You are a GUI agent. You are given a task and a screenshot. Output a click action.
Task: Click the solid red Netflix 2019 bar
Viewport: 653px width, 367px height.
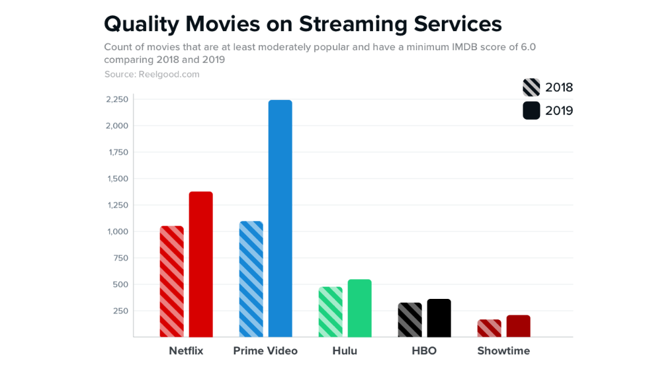pyautogui.click(x=200, y=265)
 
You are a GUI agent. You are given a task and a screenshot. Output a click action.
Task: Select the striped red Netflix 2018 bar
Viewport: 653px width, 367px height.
pyautogui.click(x=172, y=282)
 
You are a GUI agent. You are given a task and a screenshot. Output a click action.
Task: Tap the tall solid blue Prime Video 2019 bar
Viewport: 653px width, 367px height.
pyautogui.click(x=280, y=218)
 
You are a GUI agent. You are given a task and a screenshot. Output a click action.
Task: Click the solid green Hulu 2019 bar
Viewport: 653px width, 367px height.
pyautogui.click(x=359, y=308)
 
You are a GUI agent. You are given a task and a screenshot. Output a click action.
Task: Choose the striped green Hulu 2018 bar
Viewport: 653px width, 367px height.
pyautogui.click(x=330, y=312)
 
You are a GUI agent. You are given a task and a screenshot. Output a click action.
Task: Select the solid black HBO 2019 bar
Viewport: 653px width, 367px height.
pyautogui.click(x=439, y=318)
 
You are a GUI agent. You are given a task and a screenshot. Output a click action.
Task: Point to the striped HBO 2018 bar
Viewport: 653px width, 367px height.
pyautogui.click(x=410, y=320)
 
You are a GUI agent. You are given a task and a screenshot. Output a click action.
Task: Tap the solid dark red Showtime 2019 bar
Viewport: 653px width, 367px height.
pyautogui.click(x=518, y=326)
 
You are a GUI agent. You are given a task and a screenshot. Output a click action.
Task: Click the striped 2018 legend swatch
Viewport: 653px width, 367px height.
pyautogui.click(x=531, y=87)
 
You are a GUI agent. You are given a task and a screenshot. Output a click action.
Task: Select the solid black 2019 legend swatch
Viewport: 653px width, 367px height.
pyautogui.click(x=531, y=110)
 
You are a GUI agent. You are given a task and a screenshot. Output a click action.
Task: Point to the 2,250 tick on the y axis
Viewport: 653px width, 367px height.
pyautogui.click(x=117, y=100)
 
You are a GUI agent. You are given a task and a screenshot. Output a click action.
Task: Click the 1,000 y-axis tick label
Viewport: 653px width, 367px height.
pyautogui.click(x=118, y=231)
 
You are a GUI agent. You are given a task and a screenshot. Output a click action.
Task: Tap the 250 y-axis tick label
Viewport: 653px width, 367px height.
pyautogui.click(x=120, y=311)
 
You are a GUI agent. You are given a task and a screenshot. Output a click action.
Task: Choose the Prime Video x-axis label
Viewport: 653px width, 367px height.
pyautogui.click(x=265, y=350)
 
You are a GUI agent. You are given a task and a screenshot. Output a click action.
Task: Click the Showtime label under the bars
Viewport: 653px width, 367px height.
pyautogui.click(x=503, y=350)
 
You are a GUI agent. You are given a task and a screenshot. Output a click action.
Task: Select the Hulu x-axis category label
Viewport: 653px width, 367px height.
pyautogui.click(x=345, y=350)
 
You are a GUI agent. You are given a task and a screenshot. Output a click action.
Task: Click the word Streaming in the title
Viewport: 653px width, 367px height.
pyautogui.click(x=353, y=24)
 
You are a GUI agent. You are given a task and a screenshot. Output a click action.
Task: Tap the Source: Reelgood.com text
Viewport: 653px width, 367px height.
pyautogui.click(x=152, y=74)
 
